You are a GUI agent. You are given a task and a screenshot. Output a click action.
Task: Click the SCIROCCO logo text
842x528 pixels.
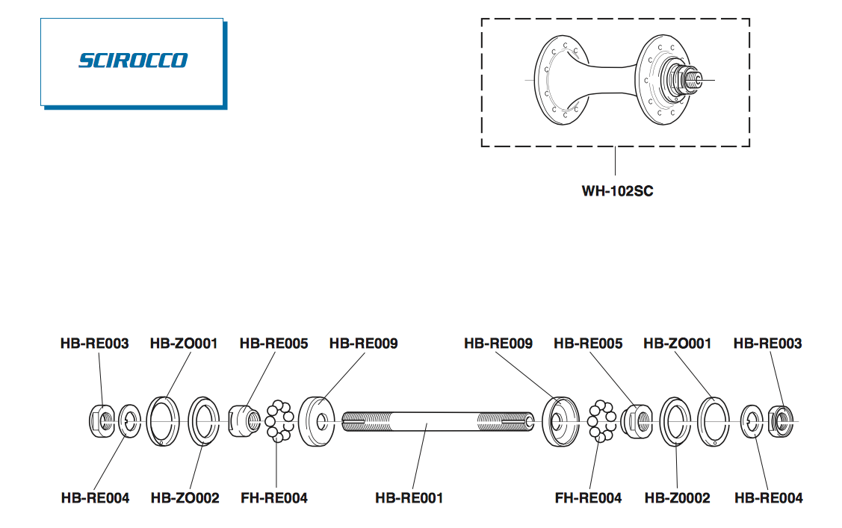[133, 60]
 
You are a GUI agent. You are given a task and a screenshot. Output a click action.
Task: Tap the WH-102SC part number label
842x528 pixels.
[617, 190]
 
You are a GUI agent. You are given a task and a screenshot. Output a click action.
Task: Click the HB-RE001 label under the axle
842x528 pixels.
[409, 497]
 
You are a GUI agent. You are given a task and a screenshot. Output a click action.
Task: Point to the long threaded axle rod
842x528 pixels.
[437, 423]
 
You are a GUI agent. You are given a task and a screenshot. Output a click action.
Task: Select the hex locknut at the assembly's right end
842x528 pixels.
[779, 422]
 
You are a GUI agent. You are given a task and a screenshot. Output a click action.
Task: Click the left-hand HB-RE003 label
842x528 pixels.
[94, 344]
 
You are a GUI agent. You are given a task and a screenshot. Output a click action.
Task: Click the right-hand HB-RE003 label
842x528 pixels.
[767, 344]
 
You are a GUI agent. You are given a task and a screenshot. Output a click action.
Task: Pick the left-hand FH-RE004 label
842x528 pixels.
[274, 497]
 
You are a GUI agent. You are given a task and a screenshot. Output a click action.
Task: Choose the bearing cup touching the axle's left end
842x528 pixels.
[319, 422]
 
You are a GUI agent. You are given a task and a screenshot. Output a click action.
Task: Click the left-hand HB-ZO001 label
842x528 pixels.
[184, 344]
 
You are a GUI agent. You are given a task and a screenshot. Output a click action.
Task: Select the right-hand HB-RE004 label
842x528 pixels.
[769, 497]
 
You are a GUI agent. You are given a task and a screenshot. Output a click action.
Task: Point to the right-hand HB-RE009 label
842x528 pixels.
[498, 344]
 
